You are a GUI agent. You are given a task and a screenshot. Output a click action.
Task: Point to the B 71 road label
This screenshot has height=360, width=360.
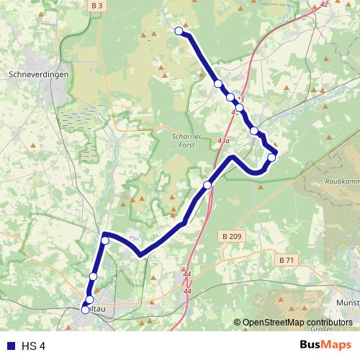286,259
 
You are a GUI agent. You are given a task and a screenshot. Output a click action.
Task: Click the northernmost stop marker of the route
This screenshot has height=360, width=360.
179,30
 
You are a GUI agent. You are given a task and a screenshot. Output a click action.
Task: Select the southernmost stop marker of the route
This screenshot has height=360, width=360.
86,310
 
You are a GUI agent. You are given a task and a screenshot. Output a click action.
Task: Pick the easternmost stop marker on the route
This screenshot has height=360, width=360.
271,157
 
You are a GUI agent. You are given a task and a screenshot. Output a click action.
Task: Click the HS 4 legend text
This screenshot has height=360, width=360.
33,346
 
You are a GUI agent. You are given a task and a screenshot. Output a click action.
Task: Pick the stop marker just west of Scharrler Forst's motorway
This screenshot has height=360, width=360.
207,186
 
